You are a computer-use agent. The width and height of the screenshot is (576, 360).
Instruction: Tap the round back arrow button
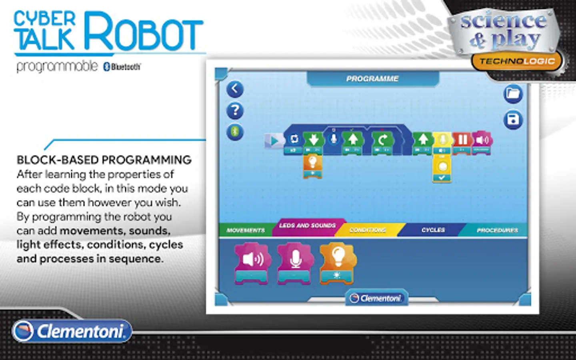coord(235,89)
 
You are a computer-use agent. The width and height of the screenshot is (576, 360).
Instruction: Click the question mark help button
coord(235,110)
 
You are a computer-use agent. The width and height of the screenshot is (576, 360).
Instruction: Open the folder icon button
coord(513,94)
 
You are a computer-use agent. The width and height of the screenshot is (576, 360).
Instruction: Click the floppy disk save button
coord(513,119)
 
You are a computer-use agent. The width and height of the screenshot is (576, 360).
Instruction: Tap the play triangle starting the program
coord(274,141)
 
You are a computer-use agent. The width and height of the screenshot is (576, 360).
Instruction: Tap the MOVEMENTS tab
coord(246,230)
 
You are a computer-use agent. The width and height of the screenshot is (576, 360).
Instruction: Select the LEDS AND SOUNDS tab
coord(307,226)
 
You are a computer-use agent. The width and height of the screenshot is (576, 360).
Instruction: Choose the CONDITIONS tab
coord(368,230)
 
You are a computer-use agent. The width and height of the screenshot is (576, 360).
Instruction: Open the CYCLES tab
coord(433,230)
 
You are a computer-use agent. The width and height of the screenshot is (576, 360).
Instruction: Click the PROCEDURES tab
coord(497,230)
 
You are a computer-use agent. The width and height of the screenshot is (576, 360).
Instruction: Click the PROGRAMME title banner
coord(372,79)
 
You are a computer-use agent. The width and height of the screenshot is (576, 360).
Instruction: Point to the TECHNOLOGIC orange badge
coord(517,61)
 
